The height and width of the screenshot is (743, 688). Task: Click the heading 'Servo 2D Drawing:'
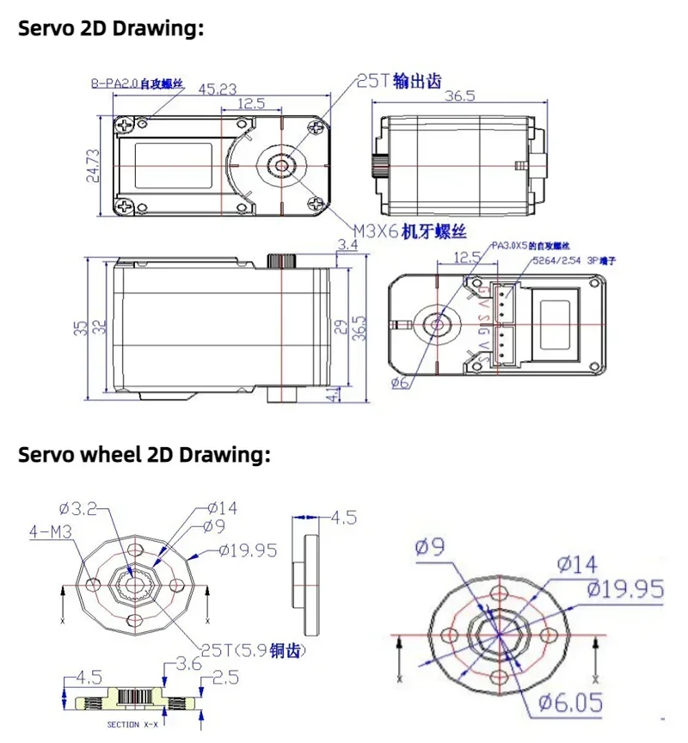pyautogui.click(x=111, y=28)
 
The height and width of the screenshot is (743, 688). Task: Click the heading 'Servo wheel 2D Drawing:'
pyautogui.click(x=144, y=455)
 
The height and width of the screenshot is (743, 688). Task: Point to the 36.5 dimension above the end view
pyautogui.click(x=459, y=96)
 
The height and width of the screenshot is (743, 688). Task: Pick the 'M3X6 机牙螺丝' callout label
pyautogui.click(x=411, y=230)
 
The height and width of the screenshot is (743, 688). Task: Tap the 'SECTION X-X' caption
pyautogui.click(x=132, y=724)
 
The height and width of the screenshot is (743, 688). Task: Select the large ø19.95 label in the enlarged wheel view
pyautogui.click(x=626, y=589)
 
